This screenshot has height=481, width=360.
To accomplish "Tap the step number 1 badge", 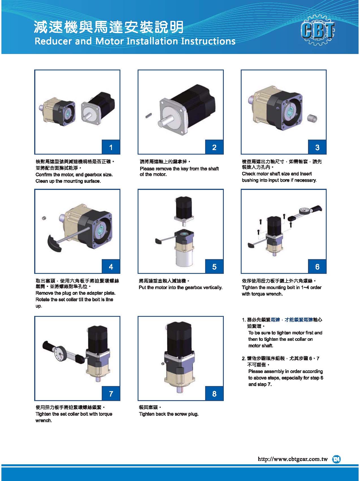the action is pyautogui.click(x=111, y=147).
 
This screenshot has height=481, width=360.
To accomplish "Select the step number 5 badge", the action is pyautogui.click(x=214, y=267).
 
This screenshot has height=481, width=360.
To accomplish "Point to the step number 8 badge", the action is pyautogui.click(x=214, y=394).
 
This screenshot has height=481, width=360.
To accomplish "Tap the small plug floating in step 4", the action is pyautogui.click(x=44, y=218).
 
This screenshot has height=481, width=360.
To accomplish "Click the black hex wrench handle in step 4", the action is pyautogui.click(x=54, y=243).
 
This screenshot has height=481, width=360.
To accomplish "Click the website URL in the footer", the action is pyautogui.click(x=292, y=459).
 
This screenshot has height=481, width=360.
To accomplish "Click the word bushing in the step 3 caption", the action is pyautogui.click(x=250, y=180).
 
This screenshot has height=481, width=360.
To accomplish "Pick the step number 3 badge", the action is pyautogui.click(x=317, y=147).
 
